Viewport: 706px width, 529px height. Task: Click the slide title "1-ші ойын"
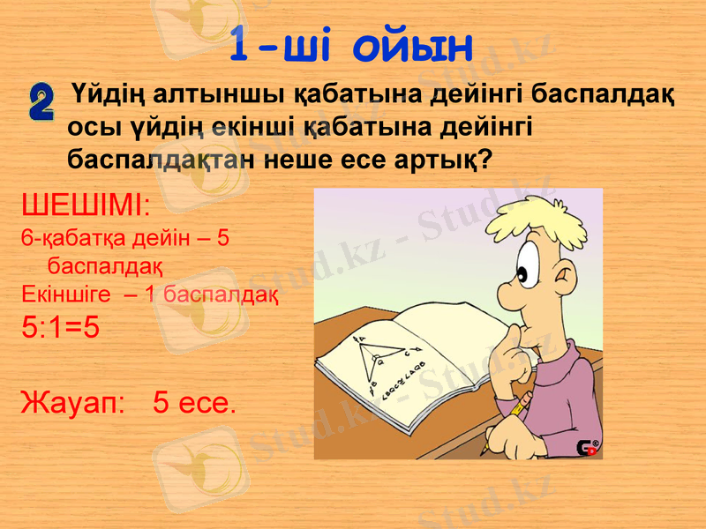point(351,45)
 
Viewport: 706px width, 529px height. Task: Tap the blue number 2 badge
point(41,103)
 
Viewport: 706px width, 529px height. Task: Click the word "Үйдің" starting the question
point(108,93)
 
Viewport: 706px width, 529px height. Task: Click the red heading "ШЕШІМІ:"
point(86,209)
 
